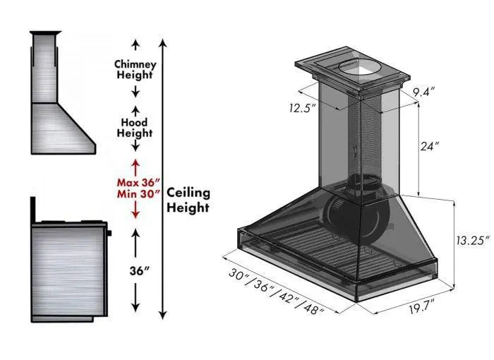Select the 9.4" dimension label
[423, 91]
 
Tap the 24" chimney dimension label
[428, 147]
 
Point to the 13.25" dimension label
[471, 241]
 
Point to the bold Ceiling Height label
[188, 200]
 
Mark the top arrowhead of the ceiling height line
[163, 43]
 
